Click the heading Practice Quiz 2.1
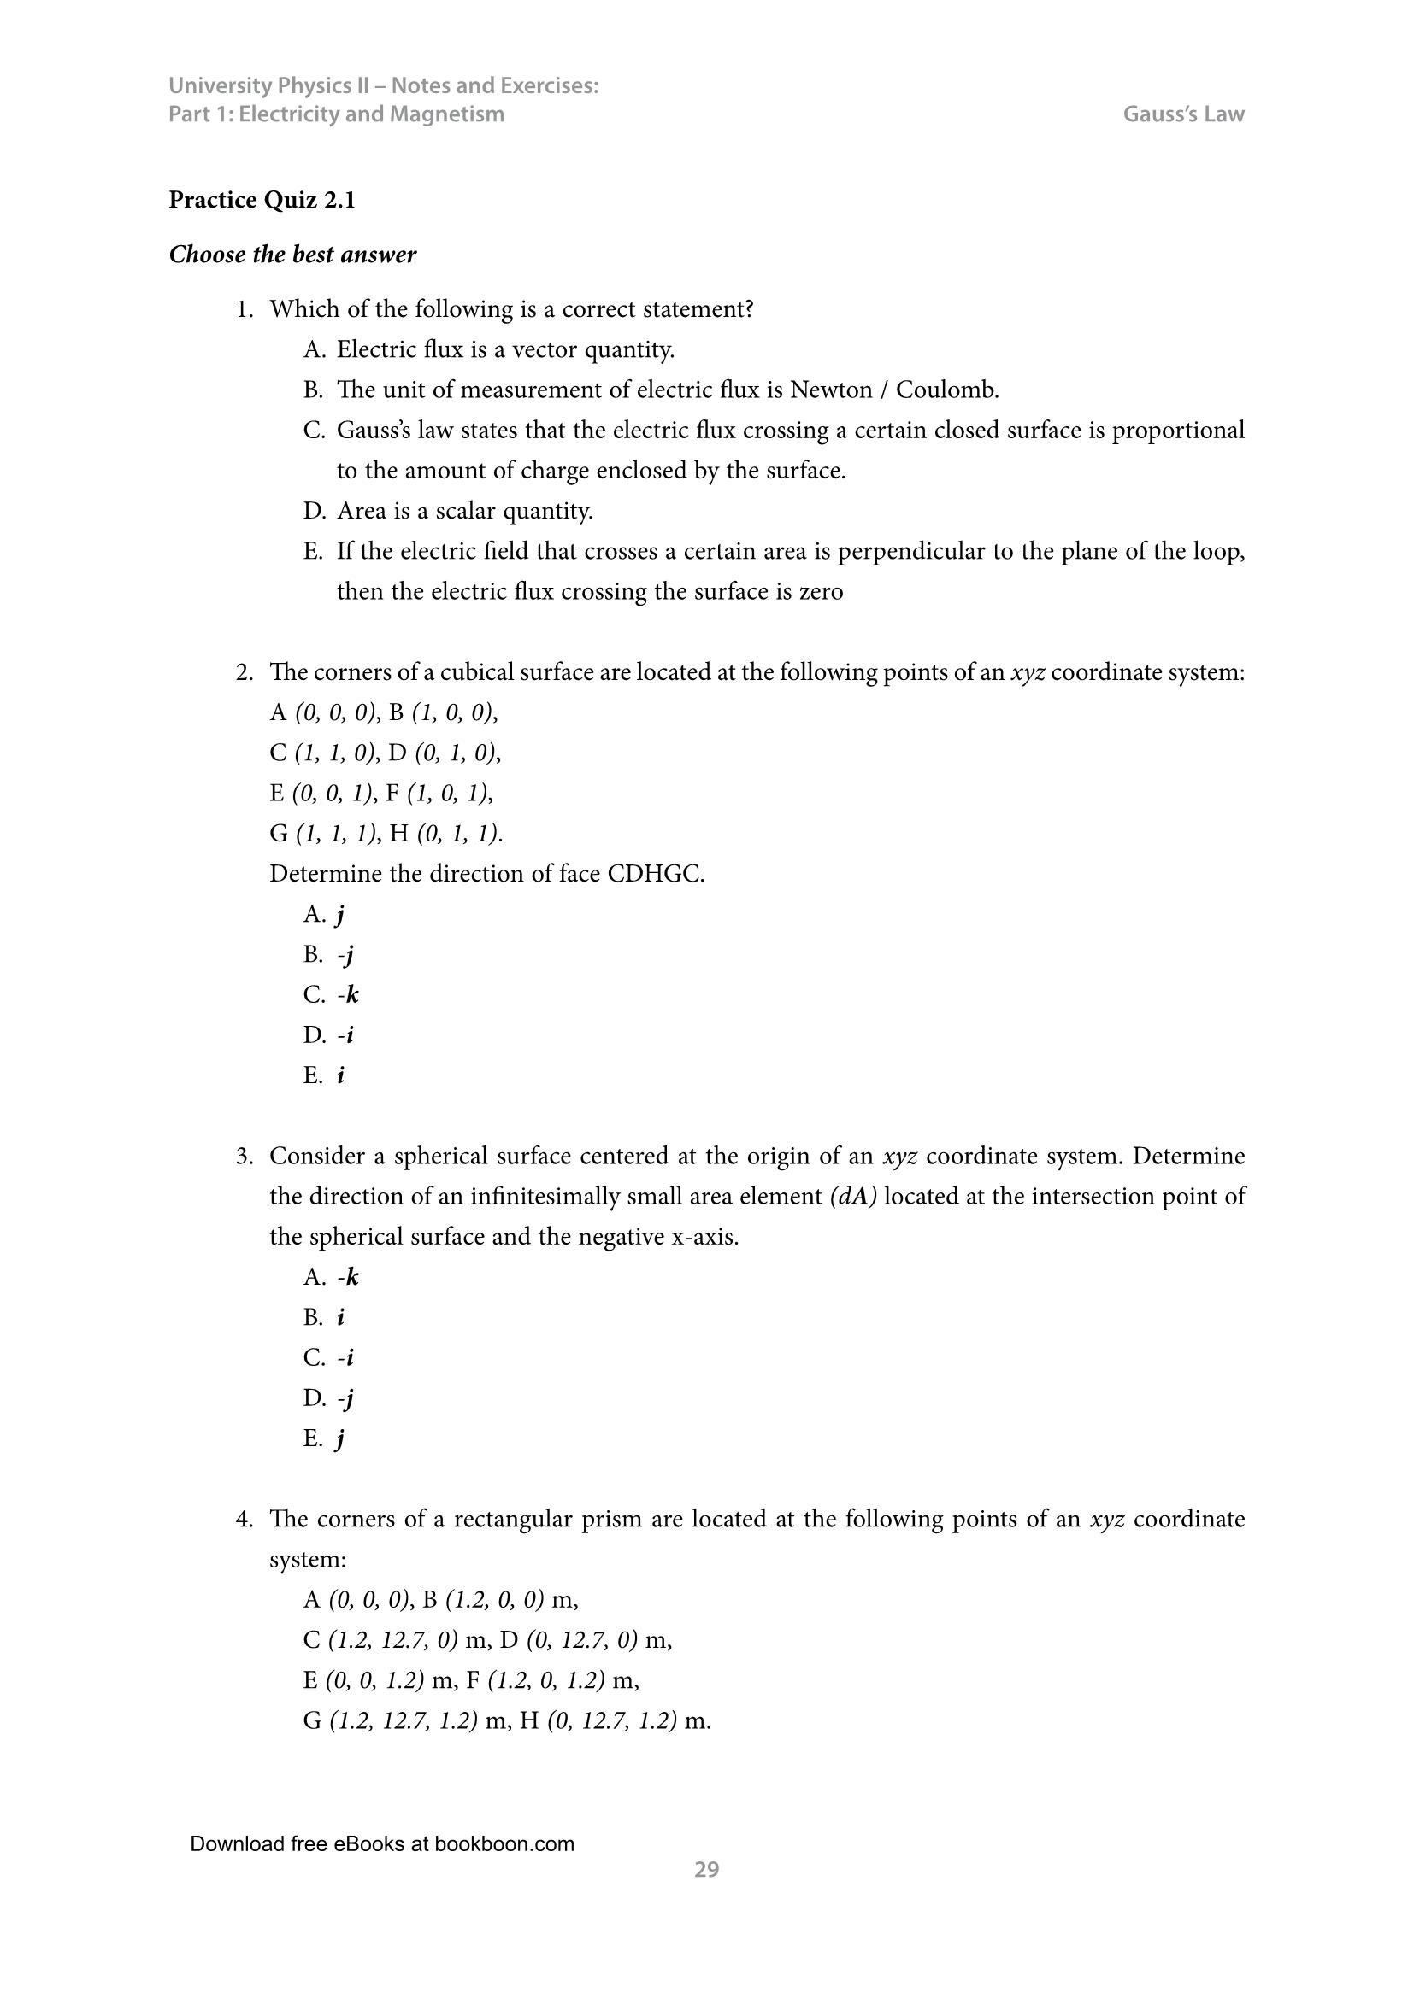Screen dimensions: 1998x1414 pos(262,201)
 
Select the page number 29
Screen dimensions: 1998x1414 pos(706,1869)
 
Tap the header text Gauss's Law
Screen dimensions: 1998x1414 pos(1183,114)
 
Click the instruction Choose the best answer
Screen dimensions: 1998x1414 pos(292,255)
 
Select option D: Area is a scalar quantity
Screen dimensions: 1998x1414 pos(464,511)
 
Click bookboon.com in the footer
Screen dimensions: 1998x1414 pos(504,1844)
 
